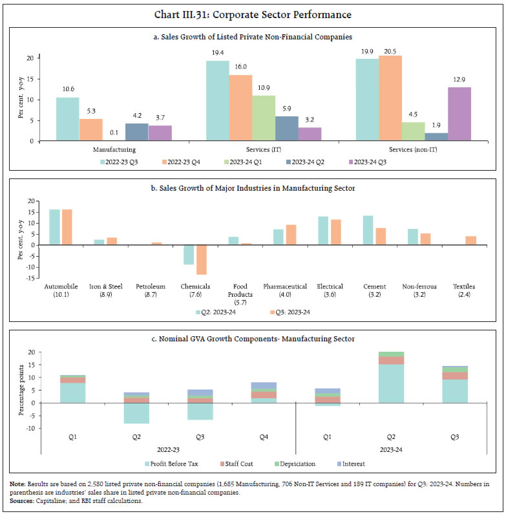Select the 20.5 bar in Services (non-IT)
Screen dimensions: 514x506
coord(390,98)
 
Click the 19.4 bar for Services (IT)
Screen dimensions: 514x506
coord(217,100)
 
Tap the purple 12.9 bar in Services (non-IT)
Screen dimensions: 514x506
coord(459,114)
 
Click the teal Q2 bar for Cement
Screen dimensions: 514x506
coord(368,230)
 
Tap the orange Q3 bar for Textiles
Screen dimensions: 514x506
coord(470,241)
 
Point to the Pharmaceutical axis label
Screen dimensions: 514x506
coord(284,285)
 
